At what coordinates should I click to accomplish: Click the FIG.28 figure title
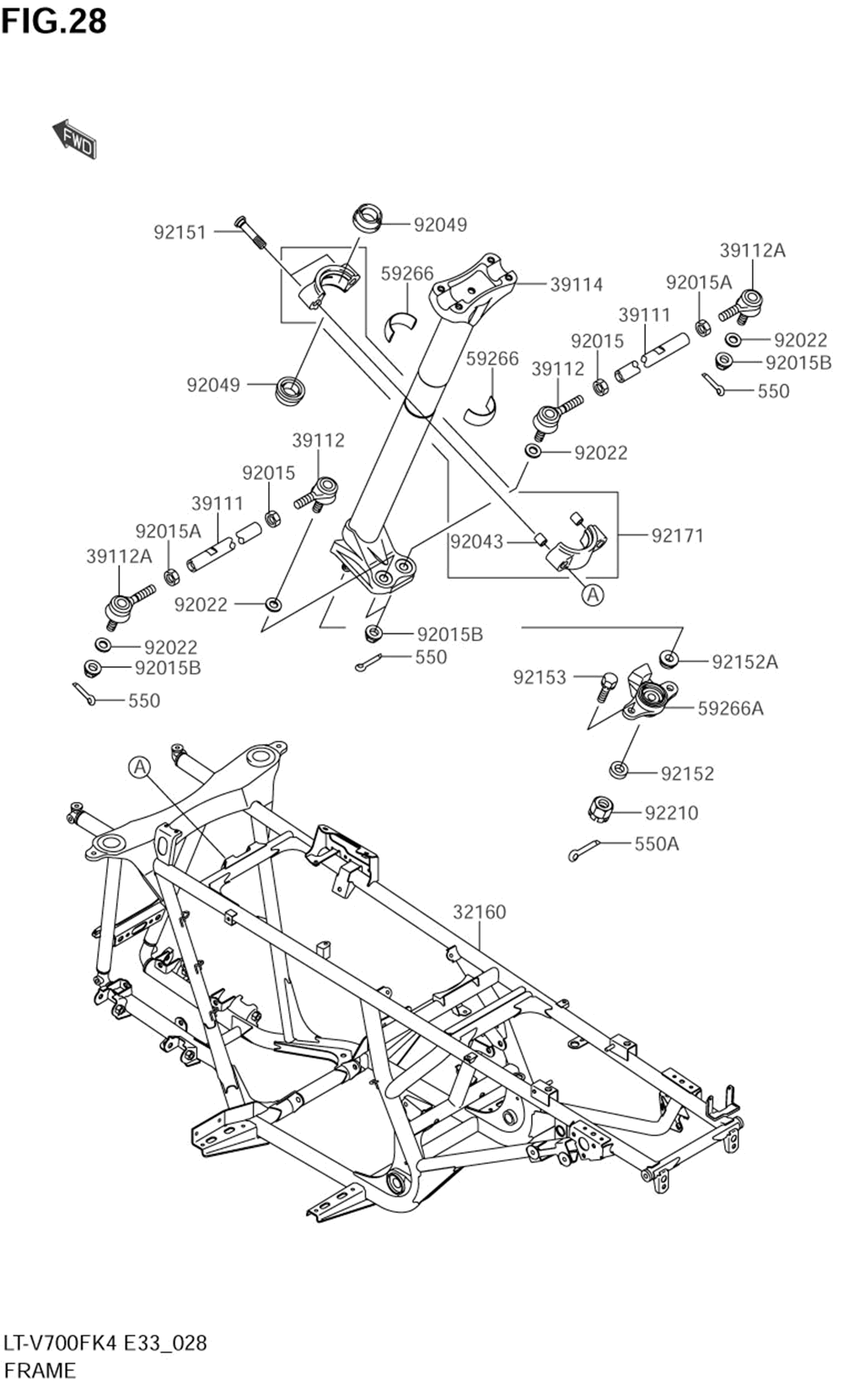tap(54, 21)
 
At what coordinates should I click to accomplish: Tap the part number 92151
tap(180, 233)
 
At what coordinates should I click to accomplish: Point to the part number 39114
tap(576, 284)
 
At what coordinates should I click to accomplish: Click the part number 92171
tap(678, 536)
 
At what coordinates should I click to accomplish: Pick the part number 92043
tap(476, 542)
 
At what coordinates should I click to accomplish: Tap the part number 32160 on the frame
tap(480, 912)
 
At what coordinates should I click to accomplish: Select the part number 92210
tap(671, 812)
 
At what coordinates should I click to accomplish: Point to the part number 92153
tap(540, 677)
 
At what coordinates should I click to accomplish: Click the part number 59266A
tap(731, 709)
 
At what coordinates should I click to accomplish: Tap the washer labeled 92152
tap(619, 770)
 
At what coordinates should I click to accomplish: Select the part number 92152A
tap(744, 662)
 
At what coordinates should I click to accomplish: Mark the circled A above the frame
tap(140, 768)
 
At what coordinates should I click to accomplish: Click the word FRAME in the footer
tap(40, 1370)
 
